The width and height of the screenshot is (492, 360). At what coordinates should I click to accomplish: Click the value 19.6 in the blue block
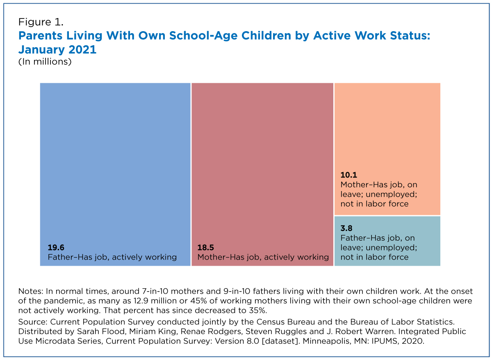56,248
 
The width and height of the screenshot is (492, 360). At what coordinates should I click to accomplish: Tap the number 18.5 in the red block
205,248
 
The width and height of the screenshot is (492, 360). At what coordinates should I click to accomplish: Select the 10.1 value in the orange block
349,175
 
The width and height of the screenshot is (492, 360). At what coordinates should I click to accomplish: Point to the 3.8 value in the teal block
346,228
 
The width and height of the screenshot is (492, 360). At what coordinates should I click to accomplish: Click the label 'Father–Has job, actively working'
112,257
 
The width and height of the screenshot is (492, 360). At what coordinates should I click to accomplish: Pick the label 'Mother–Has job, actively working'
263,257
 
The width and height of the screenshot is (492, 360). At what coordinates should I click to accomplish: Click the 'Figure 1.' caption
41,22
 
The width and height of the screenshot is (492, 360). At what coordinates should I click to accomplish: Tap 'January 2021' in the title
57,50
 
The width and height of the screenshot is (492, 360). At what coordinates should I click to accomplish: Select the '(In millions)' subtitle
45,62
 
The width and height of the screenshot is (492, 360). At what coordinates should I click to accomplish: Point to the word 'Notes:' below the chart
31,291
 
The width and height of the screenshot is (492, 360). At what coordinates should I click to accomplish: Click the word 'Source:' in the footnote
33,322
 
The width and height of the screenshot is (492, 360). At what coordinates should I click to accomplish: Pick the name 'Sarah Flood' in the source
101,331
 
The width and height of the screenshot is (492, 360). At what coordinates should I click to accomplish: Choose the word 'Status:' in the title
410,36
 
